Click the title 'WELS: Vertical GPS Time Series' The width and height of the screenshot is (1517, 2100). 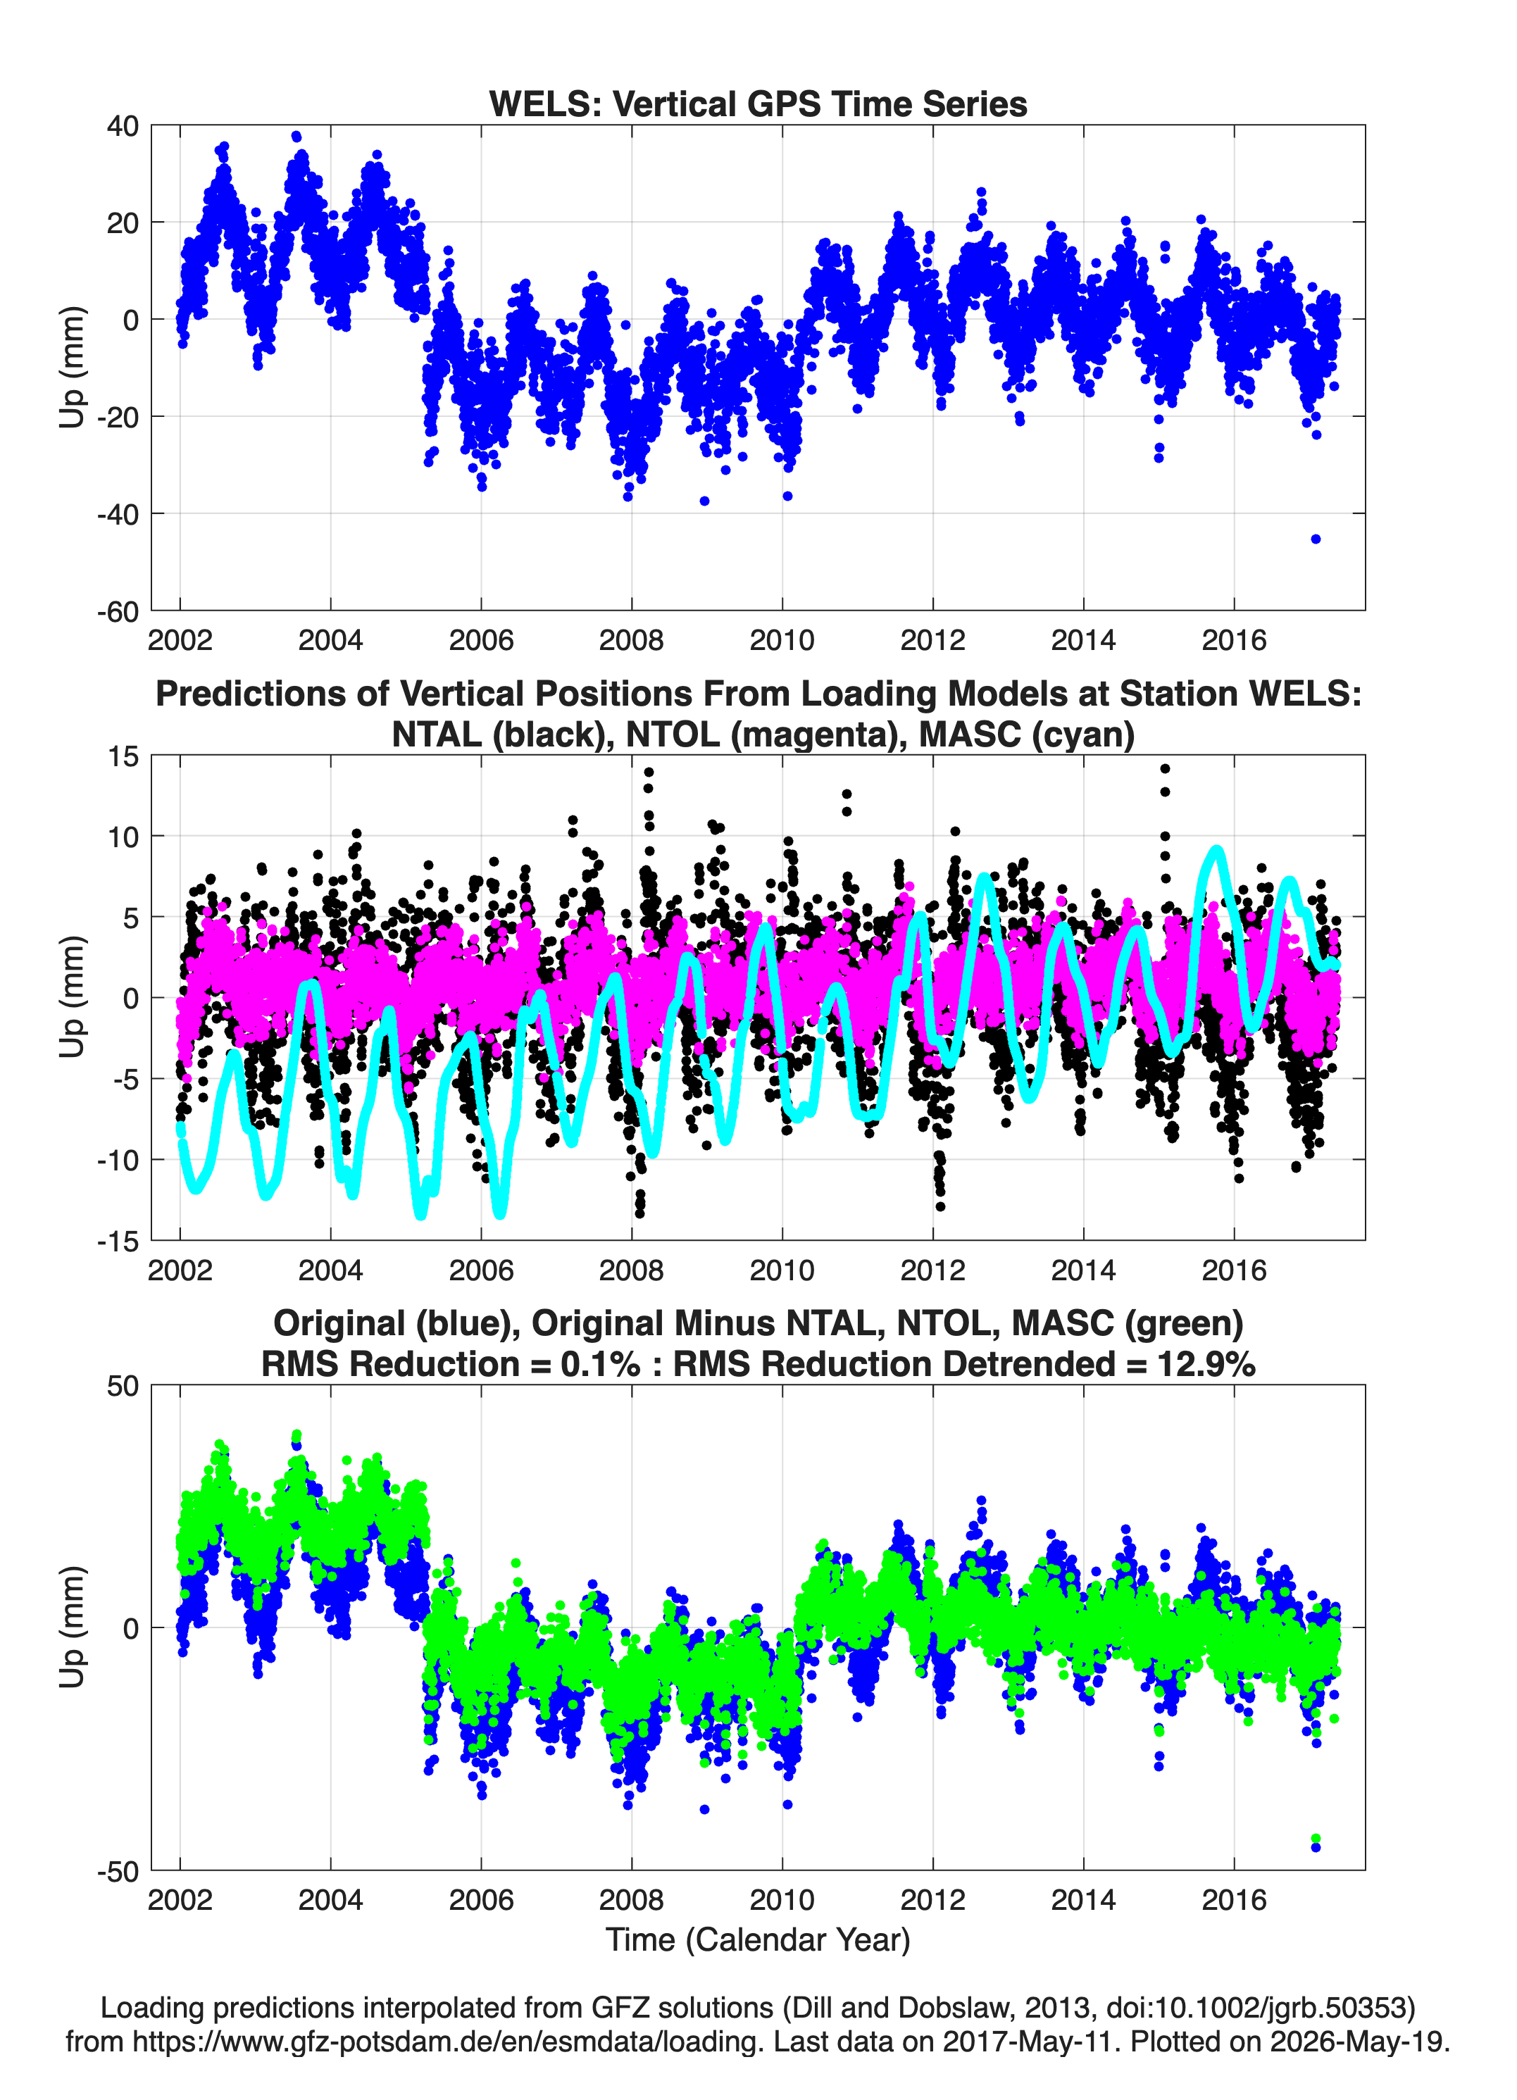(x=758, y=104)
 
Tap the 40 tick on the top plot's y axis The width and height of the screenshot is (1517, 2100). (x=123, y=126)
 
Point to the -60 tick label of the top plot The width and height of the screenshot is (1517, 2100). (x=118, y=611)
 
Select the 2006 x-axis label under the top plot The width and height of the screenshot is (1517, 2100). (x=480, y=640)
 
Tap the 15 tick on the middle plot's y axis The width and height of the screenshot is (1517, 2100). (x=123, y=756)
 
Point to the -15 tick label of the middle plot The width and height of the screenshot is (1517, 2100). (x=118, y=1241)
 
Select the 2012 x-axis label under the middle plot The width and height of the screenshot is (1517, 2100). (x=932, y=1270)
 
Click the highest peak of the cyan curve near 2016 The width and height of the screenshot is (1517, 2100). (x=1216, y=850)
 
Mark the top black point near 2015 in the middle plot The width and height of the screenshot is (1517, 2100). (x=1165, y=768)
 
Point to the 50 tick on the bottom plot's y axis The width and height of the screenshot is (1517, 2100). (x=123, y=1386)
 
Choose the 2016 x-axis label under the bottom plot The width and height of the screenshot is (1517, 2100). (x=1234, y=1899)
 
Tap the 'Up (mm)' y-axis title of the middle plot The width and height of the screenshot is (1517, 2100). (x=73, y=996)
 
